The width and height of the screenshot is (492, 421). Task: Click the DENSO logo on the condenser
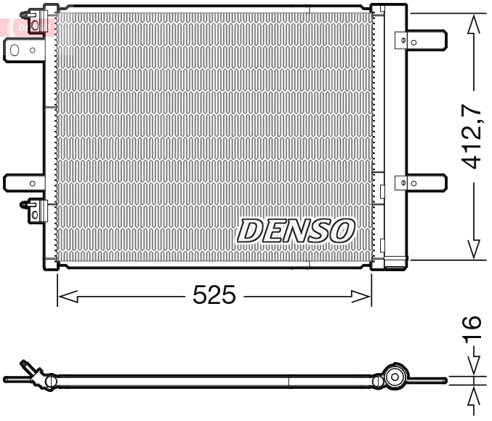(x=296, y=231)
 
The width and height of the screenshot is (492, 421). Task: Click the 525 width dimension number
(x=214, y=295)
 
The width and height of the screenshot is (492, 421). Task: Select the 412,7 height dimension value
(x=474, y=136)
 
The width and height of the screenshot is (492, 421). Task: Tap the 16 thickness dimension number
(x=472, y=331)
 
